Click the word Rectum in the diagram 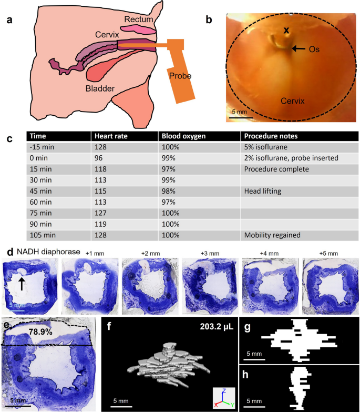click(139, 19)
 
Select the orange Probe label click(180, 76)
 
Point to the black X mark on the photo click(286, 31)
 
